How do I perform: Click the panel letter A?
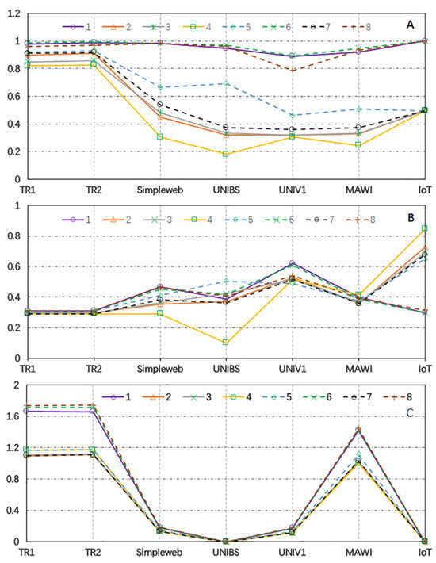410,25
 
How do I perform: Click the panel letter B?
410,213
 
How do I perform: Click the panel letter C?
410,412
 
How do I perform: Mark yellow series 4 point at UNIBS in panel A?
227,154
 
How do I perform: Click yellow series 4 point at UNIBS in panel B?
227,343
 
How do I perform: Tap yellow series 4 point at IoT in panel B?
424,228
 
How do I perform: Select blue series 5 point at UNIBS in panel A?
227,83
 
